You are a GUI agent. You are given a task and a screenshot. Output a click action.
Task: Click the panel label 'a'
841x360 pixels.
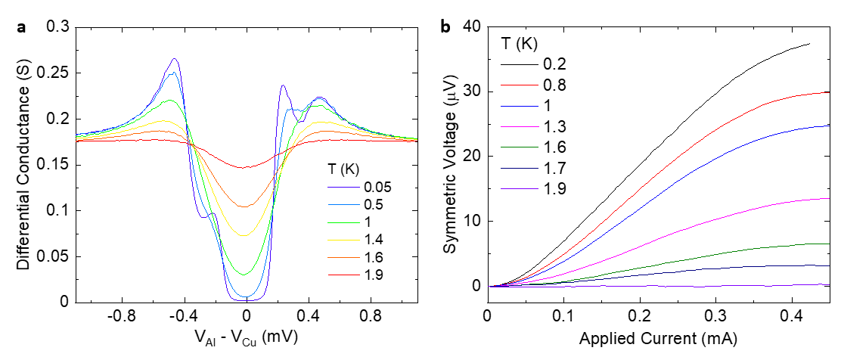pos(22,28)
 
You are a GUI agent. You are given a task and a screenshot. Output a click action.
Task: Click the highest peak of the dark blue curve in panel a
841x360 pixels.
pos(175,58)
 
